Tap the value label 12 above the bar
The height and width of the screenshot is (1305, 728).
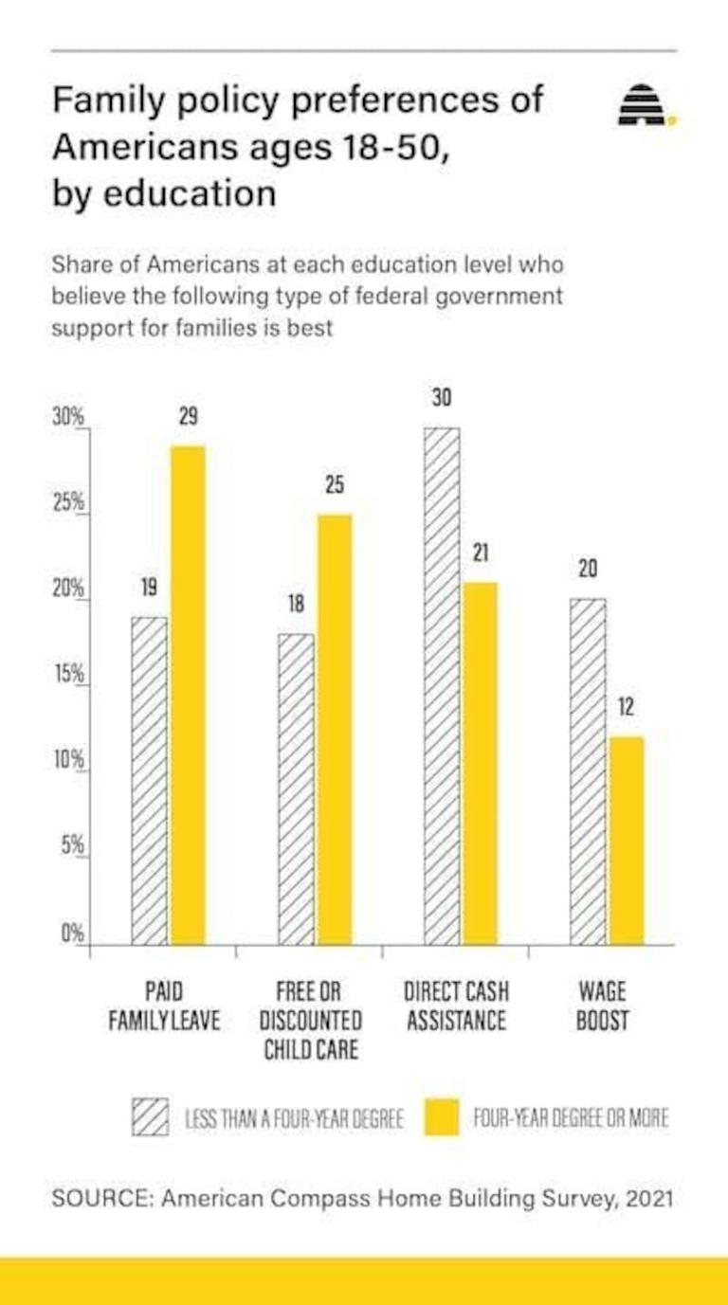(x=626, y=707)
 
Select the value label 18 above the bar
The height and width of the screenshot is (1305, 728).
(x=296, y=605)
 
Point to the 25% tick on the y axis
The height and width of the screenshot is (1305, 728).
(x=69, y=502)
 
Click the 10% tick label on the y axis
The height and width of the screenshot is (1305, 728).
(x=69, y=760)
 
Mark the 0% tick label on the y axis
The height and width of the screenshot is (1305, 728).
(x=73, y=933)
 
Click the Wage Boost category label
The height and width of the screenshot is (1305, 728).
(x=602, y=1006)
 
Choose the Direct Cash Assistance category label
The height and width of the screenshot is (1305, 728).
(x=456, y=1006)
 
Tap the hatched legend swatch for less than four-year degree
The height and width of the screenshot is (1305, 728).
(x=150, y=1117)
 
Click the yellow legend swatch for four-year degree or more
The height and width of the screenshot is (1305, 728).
(x=442, y=1117)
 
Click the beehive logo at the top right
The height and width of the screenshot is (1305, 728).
(x=643, y=106)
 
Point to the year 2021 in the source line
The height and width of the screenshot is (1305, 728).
(x=649, y=1198)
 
